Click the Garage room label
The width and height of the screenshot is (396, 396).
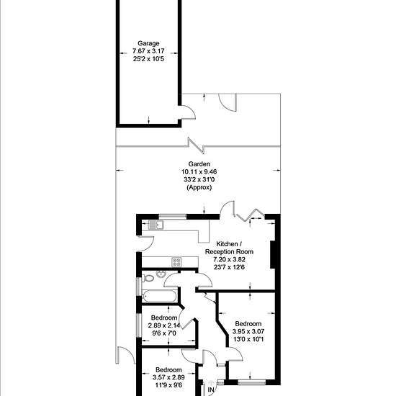[x=148, y=43]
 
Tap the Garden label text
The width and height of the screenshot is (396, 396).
[x=199, y=164]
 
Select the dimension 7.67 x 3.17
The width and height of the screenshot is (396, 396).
[x=148, y=51]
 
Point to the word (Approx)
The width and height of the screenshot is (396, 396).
[x=199, y=187]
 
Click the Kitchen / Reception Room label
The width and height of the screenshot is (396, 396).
[x=229, y=248]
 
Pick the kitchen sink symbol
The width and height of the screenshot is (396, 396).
[x=156, y=225]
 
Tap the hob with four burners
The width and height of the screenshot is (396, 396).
[x=176, y=262]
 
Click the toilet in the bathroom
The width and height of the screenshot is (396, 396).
[x=148, y=279]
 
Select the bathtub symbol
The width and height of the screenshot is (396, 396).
[x=159, y=295]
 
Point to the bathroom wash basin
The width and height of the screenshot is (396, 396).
[x=161, y=274]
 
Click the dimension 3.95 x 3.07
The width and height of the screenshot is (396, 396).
[x=248, y=331]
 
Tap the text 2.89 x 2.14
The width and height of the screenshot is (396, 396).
[x=164, y=325]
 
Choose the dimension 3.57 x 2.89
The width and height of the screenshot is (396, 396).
[x=168, y=377]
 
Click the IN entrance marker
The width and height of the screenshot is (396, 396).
[x=211, y=390]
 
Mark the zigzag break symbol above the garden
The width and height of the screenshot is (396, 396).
[x=196, y=145]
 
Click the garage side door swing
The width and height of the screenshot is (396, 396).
[x=188, y=112]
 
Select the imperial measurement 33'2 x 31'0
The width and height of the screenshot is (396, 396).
[x=199, y=179]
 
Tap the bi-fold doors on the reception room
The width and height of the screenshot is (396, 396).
[x=251, y=215]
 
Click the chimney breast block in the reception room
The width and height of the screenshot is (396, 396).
[x=272, y=255]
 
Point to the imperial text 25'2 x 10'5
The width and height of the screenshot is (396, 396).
[x=148, y=59]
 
